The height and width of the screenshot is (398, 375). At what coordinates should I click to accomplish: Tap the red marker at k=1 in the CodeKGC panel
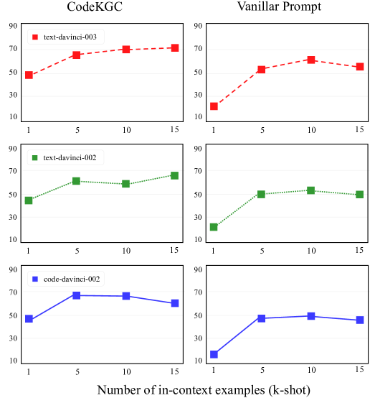point(29,75)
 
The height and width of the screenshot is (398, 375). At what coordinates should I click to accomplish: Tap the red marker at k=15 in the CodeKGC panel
point(175,48)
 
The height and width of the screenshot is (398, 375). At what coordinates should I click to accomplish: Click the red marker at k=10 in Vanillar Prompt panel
point(311,60)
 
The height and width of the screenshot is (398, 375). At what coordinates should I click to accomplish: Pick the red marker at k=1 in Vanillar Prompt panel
point(214,106)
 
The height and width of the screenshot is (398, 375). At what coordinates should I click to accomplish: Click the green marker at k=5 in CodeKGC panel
point(77,181)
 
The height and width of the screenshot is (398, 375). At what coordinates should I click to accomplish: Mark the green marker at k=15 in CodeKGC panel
point(175,175)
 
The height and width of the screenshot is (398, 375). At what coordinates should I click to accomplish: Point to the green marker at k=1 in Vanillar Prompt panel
point(214,227)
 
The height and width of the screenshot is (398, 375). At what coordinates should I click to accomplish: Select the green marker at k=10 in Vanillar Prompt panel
point(311,190)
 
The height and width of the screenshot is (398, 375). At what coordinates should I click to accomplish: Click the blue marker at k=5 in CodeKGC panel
point(77,295)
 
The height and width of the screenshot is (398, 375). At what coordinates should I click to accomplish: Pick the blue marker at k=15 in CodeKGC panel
point(175,303)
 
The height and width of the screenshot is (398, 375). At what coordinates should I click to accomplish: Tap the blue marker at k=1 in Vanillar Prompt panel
point(214,354)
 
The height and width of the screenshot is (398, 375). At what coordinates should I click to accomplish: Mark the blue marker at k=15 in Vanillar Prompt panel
point(360,320)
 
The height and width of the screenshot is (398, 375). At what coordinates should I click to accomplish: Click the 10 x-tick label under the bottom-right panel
point(311,369)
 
